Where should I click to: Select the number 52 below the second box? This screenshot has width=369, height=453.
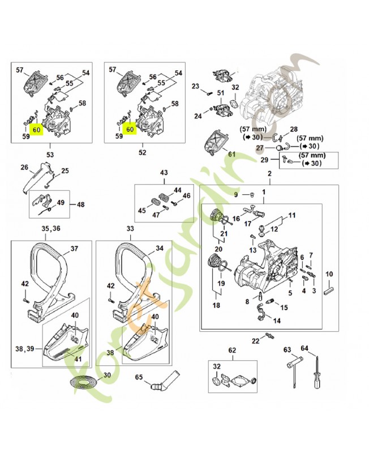tap(143, 153)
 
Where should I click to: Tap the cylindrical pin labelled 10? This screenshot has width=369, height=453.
tap(328, 290)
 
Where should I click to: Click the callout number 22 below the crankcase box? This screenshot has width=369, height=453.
tap(255, 340)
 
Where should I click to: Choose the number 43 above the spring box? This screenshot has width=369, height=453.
tap(164, 173)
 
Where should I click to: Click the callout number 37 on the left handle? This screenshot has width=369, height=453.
tap(74, 249)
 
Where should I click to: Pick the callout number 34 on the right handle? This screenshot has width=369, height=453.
tap(160, 249)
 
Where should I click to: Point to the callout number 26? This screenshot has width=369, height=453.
tap(24, 167)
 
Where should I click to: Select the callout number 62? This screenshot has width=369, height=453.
tap(231, 350)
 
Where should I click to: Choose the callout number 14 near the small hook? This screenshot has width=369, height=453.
tap(277, 320)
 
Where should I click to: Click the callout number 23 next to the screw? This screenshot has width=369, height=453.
tap(196, 86)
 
